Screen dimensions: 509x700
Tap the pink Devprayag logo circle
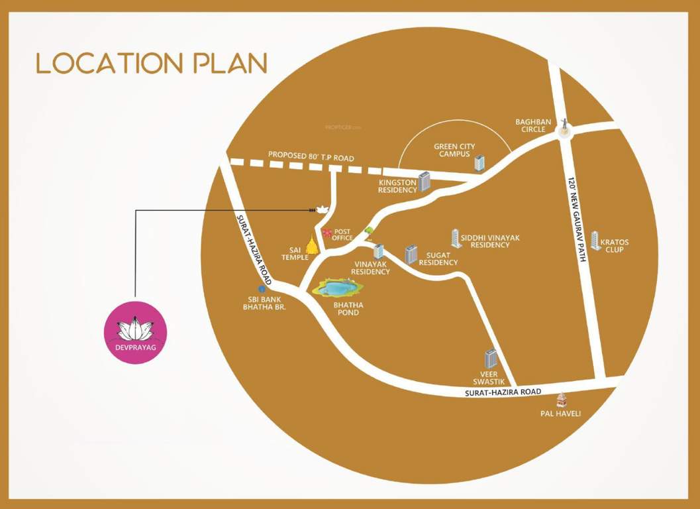[x=136, y=332]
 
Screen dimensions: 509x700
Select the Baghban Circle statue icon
[x=565, y=125]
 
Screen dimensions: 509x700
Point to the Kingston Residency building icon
[x=425, y=181]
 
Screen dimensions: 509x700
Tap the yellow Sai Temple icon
[x=311, y=244]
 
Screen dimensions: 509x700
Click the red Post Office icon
[x=327, y=232]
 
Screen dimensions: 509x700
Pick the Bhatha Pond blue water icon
[x=338, y=288]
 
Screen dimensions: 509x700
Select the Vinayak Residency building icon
[x=378, y=251]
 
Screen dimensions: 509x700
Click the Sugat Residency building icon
[x=411, y=254]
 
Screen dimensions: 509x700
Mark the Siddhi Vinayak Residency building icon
[x=456, y=239]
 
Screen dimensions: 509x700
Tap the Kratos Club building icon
[x=595, y=240]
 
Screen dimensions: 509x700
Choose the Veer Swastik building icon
[x=491, y=359]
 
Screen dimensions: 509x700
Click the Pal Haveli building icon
[x=561, y=399]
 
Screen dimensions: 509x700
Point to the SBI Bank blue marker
[x=262, y=288]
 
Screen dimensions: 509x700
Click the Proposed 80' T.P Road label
[x=311, y=157]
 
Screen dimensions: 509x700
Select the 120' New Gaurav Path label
[x=575, y=219]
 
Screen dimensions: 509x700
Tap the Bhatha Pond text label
[x=347, y=308]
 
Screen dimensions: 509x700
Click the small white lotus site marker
[x=323, y=209]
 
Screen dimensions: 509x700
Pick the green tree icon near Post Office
[x=369, y=230]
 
